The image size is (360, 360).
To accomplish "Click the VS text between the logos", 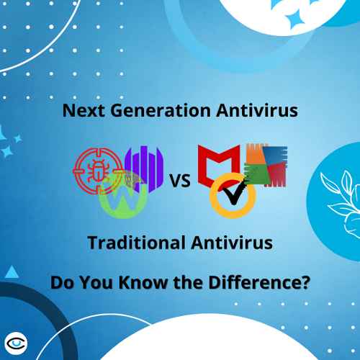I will pyautogui.click(x=181, y=181).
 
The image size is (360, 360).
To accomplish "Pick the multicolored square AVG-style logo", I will pyautogui.click(x=264, y=166).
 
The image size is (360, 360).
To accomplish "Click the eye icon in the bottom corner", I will pyautogui.click(x=16, y=341).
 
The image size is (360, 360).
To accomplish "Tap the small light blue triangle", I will pyautogui.click(x=11, y=271).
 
